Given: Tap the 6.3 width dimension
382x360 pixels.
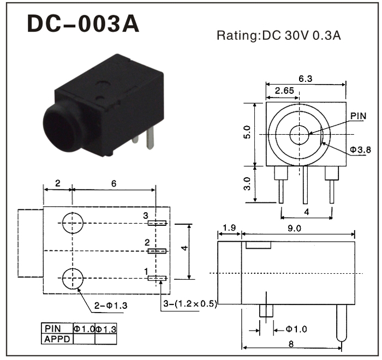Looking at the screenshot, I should [x=306, y=79].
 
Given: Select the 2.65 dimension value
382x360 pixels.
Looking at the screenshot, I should [x=285, y=90].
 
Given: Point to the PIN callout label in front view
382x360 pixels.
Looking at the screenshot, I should [x=358, y=116].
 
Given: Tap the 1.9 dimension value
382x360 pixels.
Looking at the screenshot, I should [x=229, y=229].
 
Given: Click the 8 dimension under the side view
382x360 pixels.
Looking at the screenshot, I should [x=291, y=344].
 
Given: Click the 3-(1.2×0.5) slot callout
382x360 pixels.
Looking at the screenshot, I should [x=190, y=304].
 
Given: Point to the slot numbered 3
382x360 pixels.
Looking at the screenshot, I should [x=158, y=223].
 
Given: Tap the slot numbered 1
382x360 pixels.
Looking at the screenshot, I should [x=158, y=278].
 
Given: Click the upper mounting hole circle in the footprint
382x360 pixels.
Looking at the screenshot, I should [x=73, y=223].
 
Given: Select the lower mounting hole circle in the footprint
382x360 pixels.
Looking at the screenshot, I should [x=73, y=278].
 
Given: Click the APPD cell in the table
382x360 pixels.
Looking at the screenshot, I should [x=57, y=339].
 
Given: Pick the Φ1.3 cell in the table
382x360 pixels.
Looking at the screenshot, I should [x=106, y=329].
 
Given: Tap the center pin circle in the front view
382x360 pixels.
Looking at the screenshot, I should [x=299, y=134].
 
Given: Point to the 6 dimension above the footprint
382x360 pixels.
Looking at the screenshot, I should [x=114, y=184].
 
